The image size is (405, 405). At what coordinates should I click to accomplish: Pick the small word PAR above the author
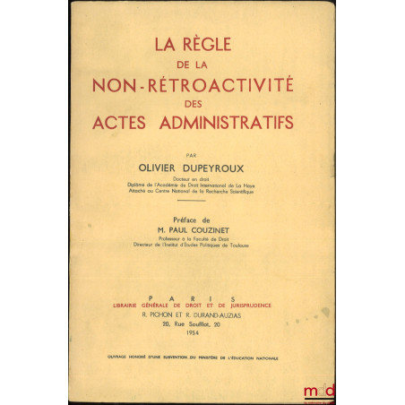(202, 152)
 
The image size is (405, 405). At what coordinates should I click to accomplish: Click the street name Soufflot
(207, 327)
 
